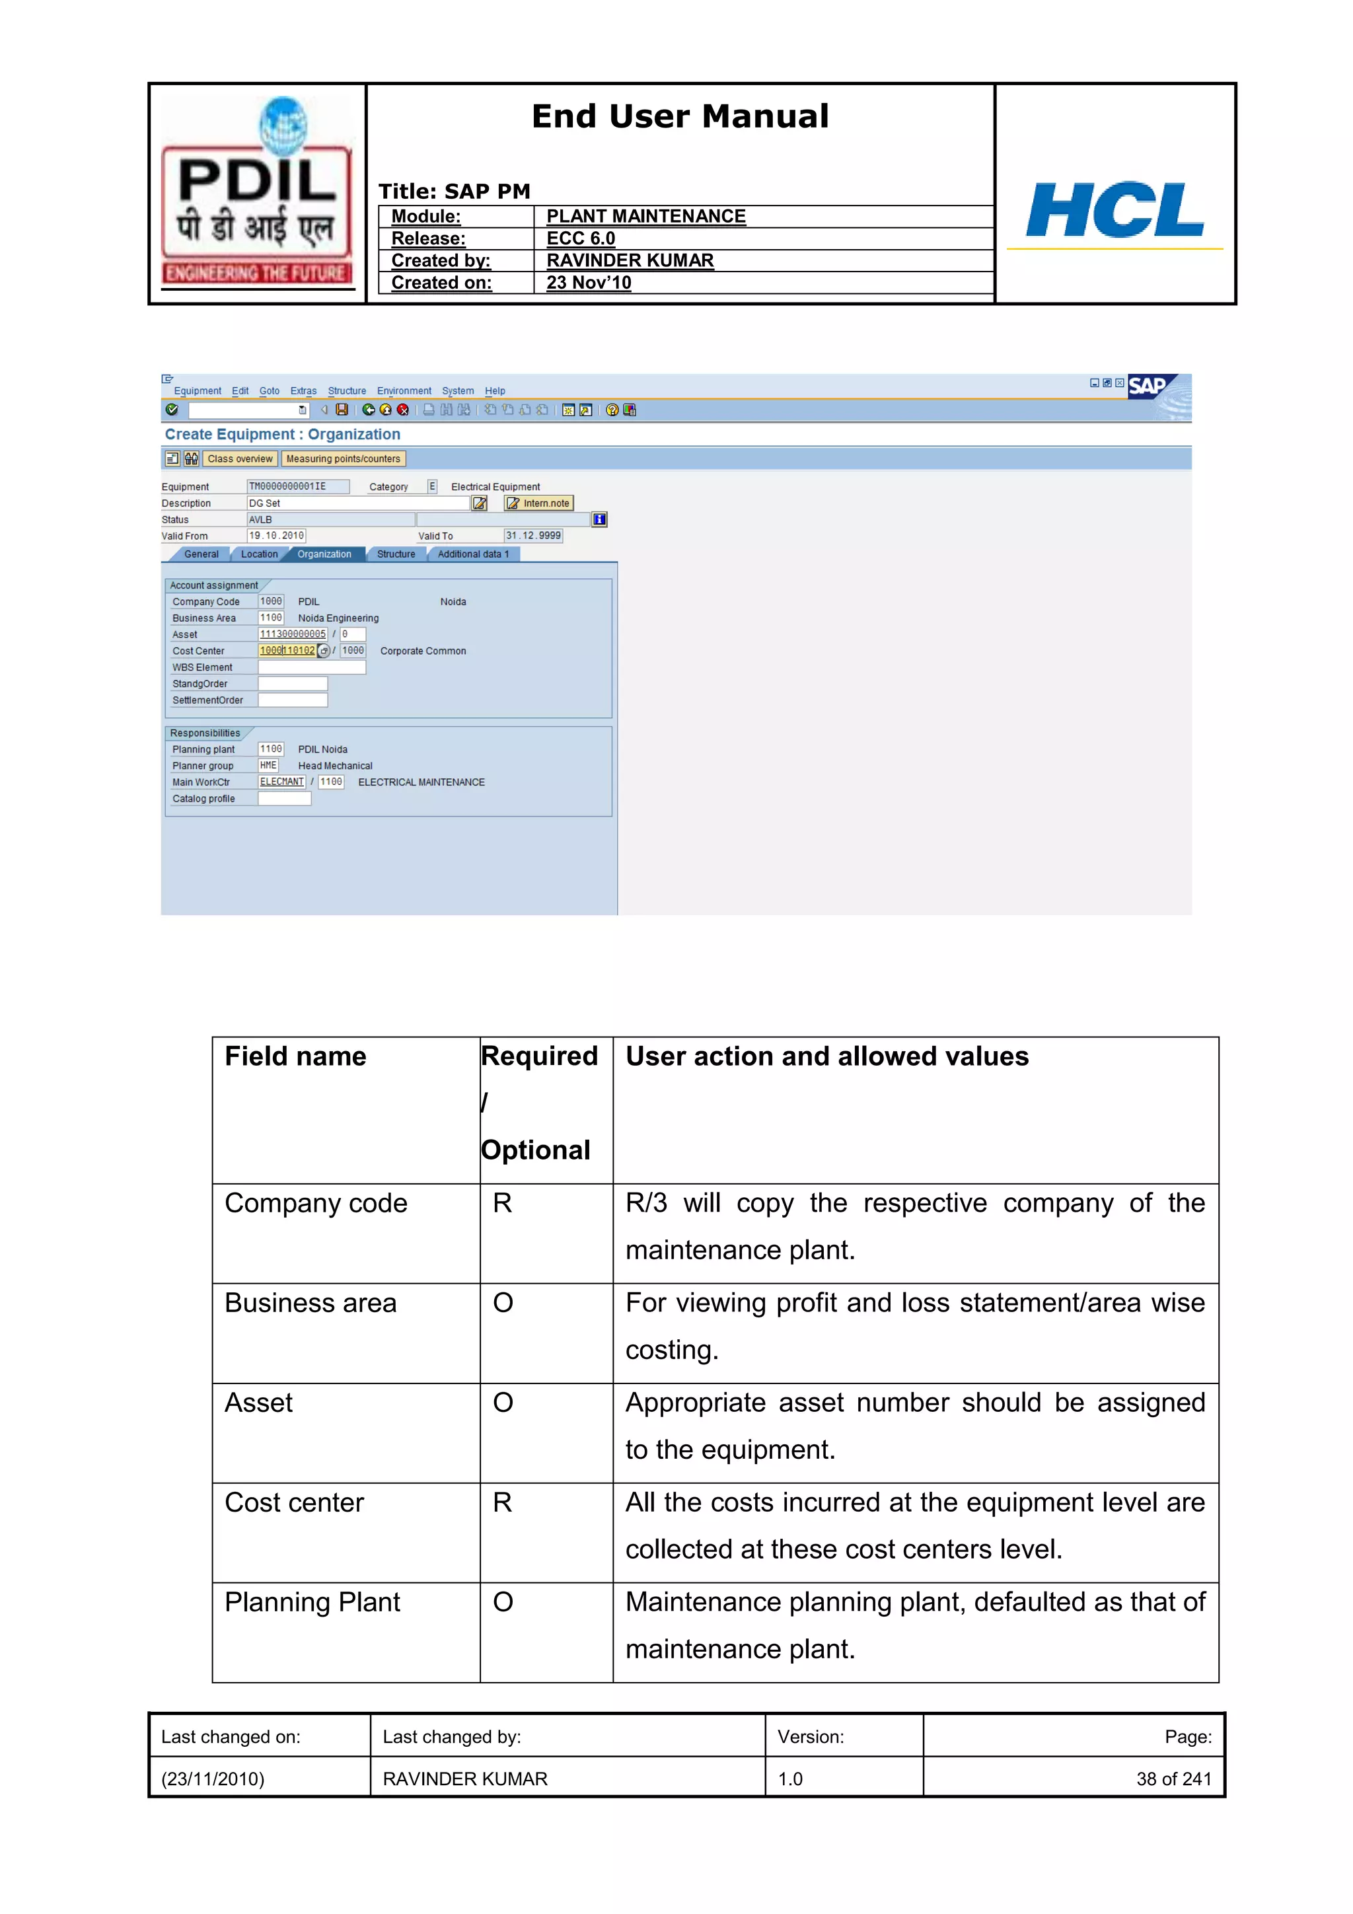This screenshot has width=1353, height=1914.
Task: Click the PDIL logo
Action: [x=257, y=192]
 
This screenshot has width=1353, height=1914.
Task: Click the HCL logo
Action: [x=1115, y=210]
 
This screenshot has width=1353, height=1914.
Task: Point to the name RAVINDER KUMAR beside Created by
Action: [x=630, y=261]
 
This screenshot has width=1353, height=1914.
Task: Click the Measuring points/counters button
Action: [x=343, y=459]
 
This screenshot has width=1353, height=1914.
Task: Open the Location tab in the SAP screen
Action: [x=259, y=554]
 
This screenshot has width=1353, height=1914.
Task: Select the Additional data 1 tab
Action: [x=472, y=554]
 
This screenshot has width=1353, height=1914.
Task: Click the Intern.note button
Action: [x=538, y=503]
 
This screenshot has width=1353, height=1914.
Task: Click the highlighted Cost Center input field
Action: [x=287, y=651]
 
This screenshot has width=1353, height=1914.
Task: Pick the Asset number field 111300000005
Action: [x=293, y=634]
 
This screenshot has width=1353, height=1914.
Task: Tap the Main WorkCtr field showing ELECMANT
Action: [x=282, y=782]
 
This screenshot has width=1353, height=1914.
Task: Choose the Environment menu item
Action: [x=404, y=391]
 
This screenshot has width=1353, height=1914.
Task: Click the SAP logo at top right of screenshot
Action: [x=1149, y=386]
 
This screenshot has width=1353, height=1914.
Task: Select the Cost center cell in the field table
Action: [x=294, y=1502]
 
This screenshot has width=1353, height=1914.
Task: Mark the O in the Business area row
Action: [x=503, y=1303]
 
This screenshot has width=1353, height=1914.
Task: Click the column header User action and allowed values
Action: [x=827, y=1056]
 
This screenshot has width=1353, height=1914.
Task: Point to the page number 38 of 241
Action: [x=1173, y=1779]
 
